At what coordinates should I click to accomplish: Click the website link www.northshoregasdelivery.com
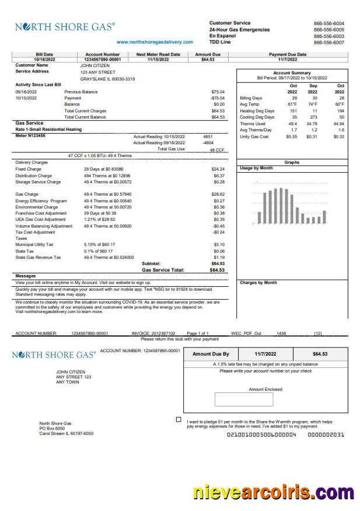point(155,41)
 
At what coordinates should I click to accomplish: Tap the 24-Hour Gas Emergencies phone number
point(328,29)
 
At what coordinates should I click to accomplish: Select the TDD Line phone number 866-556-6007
point(328,42)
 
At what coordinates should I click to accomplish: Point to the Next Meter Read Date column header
point(158,54)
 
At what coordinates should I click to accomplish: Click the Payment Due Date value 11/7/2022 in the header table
point(288,59)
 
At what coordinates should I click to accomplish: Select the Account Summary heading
point(292,73)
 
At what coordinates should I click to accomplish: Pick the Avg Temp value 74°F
point(313,105)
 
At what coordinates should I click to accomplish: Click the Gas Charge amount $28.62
point(218,194)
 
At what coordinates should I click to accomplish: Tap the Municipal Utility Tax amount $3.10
point(219,244)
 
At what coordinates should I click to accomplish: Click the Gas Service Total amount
point(217,270)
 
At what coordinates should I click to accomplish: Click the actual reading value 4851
point(208,136)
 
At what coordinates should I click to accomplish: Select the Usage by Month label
point(256,168)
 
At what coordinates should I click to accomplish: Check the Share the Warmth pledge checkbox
point(179,419)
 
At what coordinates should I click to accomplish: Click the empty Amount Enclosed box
point(239,399)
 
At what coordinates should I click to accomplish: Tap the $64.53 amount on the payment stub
point(320,354)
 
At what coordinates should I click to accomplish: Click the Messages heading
point(26,276)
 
